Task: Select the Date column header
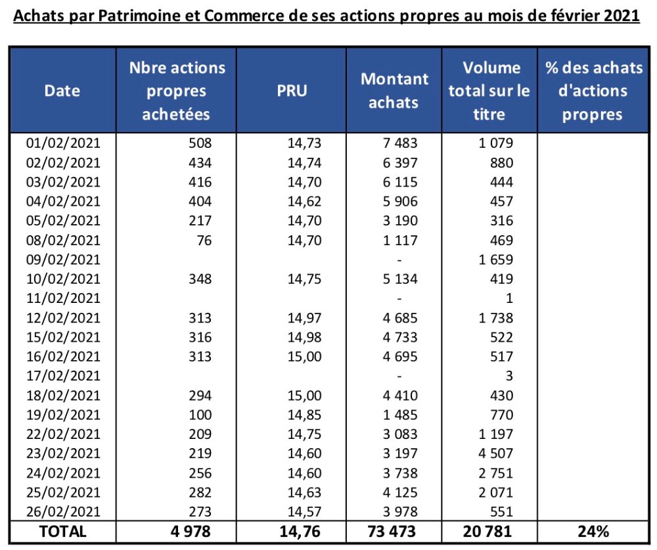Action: click(x=62, y=91)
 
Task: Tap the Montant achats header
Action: click(x=394, y=91)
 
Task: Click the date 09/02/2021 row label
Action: click(x=62, y=260)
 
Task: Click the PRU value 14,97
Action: click(x=304, y=318)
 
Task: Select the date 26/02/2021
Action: click(x=62, y=512)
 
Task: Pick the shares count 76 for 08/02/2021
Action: click(x=204, y=241)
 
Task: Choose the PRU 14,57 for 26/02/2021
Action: click(x=304, y=512)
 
